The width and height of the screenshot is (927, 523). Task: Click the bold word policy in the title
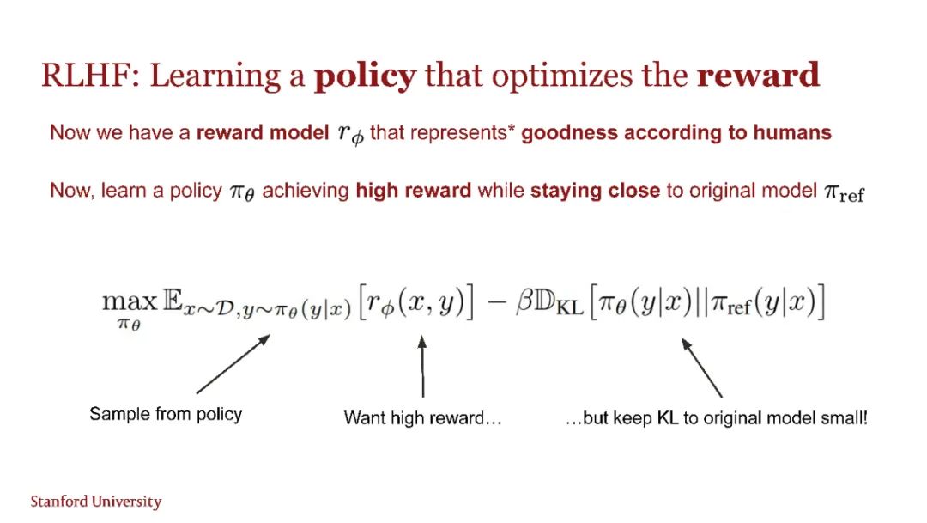coord(365,76)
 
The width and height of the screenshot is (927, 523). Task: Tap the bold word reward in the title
coord(758,75)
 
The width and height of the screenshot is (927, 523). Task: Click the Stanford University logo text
coord(96,502)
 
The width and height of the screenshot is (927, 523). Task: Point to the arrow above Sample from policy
coord(233,364)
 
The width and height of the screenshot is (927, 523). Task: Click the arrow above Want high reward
coord(422,366)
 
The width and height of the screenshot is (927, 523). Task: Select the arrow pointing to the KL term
coord(702,368)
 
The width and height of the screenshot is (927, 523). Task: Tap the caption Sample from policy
coord(166,414)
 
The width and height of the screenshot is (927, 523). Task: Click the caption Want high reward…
coord(422,417)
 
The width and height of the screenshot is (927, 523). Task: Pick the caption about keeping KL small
coord(716,417)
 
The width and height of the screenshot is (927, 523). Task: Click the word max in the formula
coord(130,301)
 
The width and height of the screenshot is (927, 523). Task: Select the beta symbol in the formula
coord(524,301)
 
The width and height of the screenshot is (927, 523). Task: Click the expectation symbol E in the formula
coord(172,301)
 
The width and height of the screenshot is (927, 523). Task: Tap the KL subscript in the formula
coord(570,307)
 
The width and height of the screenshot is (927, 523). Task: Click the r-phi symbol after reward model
coord(350,134)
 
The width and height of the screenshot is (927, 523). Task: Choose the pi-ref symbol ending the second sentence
coord(845,192)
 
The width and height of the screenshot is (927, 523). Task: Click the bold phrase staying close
coord(595,191)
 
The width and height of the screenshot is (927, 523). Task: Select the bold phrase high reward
coord(413,191)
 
